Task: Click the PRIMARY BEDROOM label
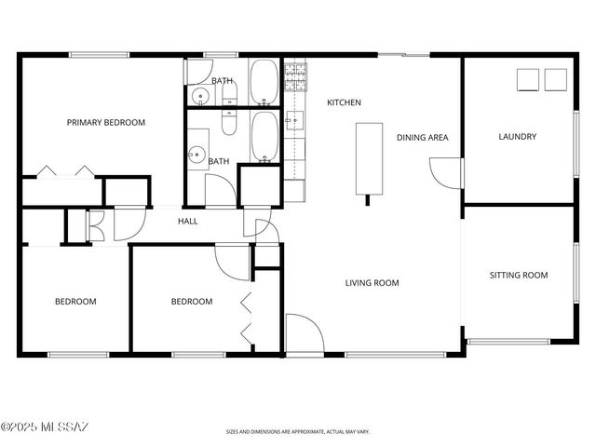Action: (x=105, y=122)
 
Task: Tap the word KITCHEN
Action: (x=344, y=102)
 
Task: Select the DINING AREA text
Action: (x=423, y=138)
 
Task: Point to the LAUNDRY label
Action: (x=517, y=137)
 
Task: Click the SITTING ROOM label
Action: (x=519, y=275)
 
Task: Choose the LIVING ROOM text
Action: (x=372, y=283)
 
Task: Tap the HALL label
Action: (x=188, y=222)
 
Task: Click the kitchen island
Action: (x=370, y=158)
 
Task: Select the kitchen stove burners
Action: (x=294, y=75)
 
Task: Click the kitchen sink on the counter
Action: (x=294, y=119)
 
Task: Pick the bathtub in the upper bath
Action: (x=264, y=82)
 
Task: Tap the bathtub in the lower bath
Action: (x=264, y=137)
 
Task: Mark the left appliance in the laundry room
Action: (x=528, y=79)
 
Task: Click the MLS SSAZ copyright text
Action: (x=45, y=427)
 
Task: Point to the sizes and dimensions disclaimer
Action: (x=298, y=432)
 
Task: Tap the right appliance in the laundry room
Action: (x=556, y=79)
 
